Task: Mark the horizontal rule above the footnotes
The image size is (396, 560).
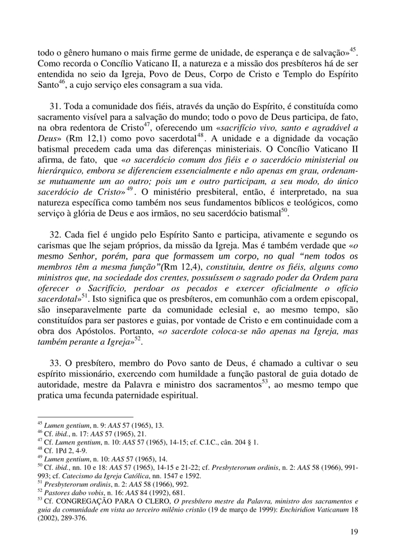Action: click(85, 416)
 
